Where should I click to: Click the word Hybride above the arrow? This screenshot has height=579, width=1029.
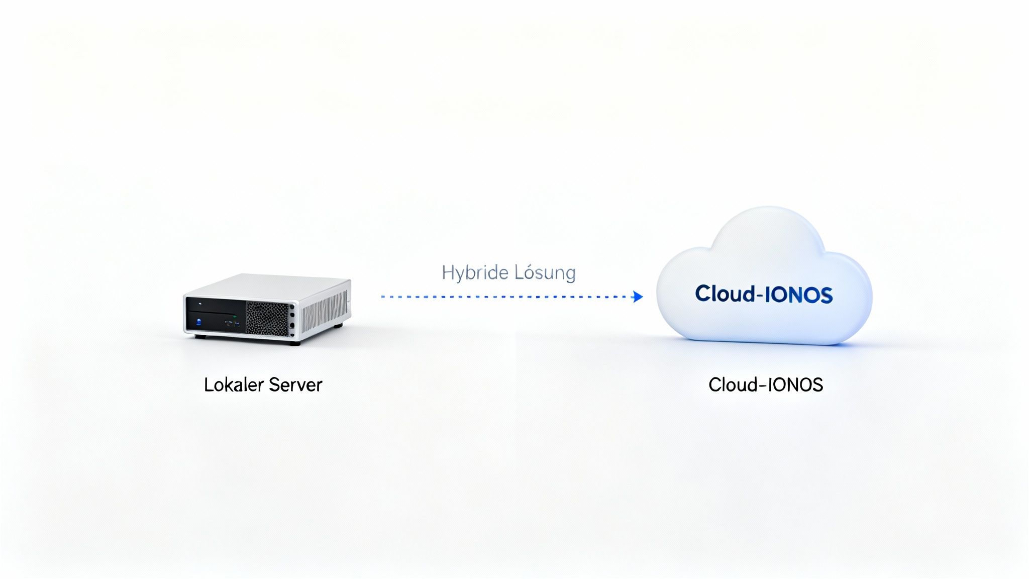click(x=475, y=273)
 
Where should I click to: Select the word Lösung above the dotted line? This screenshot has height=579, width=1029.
click(x=545, y=273)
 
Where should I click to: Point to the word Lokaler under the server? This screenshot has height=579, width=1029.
click(x=234, y=385)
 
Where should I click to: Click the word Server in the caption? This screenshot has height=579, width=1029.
click(x=295, y=385)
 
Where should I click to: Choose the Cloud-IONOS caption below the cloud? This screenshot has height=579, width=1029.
click(x=765, y=385)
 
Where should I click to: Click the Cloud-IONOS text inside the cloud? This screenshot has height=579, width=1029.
click(x=764, y=294)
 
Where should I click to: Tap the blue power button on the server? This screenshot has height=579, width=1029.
click(x=198, y=322)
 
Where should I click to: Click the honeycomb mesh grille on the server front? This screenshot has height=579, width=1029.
click(x=267, y=318)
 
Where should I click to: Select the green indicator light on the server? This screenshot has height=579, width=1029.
click(x=235, y=316)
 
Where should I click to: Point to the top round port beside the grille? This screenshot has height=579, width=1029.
click(x=292, y=306)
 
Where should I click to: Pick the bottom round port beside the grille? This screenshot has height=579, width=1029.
click(x=292, y=334)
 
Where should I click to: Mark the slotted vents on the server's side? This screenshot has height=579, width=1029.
click(x=324, y=312)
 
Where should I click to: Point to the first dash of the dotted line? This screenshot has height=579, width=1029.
click(x=383, y=297)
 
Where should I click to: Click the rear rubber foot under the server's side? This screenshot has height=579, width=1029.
click(x=338, y=326)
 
